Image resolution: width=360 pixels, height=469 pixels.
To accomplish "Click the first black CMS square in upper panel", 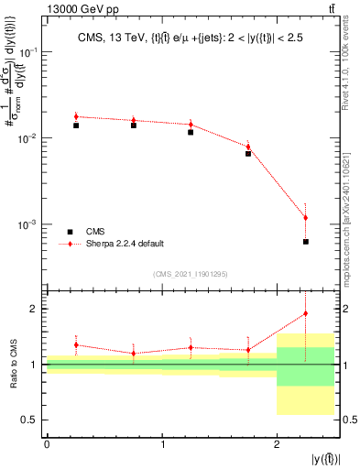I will click(76, 125).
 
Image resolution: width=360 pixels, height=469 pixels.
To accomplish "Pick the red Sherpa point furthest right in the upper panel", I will click(306, 218).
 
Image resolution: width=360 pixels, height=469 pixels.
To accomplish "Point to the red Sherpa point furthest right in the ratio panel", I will click(306, 313).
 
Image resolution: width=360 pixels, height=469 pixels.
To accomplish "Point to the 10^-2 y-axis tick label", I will click(29, 138).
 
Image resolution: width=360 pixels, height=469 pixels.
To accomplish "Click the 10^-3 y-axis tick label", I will click(29, 224).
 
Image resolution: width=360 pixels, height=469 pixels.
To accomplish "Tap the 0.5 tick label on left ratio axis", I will click(31, 420).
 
